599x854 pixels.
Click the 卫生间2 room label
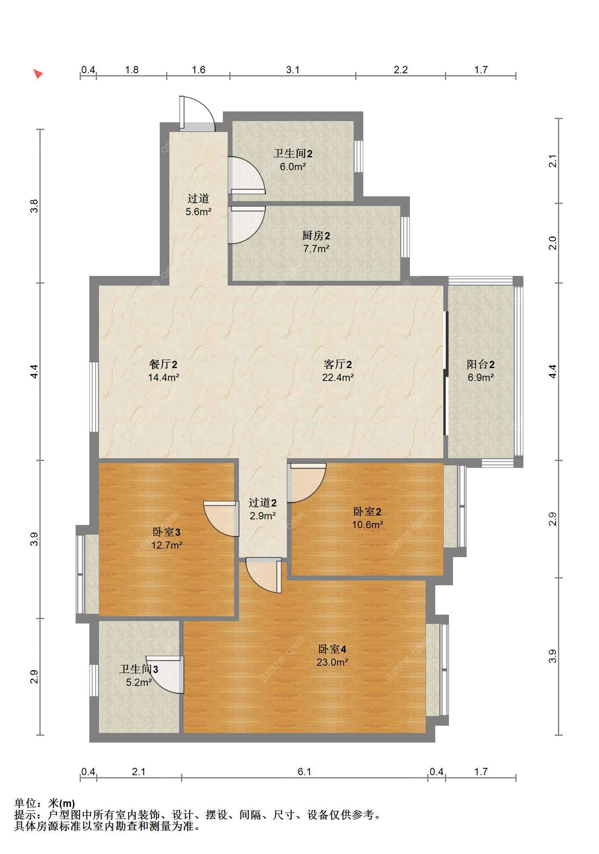293,154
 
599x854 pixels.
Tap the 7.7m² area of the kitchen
316,249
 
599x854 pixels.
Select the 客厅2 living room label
338,364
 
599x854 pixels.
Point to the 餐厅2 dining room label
163,364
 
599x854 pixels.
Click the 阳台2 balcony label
480,364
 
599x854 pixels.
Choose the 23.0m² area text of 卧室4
332,662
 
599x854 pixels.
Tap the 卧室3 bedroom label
167,532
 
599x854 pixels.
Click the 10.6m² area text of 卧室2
367,525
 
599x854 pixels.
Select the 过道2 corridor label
263,503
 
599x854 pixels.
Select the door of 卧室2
307,483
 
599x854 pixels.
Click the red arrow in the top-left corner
38,74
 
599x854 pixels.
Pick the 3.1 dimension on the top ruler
293,70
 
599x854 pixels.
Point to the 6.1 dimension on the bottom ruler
305,772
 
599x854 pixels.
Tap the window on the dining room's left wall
94,397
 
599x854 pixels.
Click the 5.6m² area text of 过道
198,212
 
